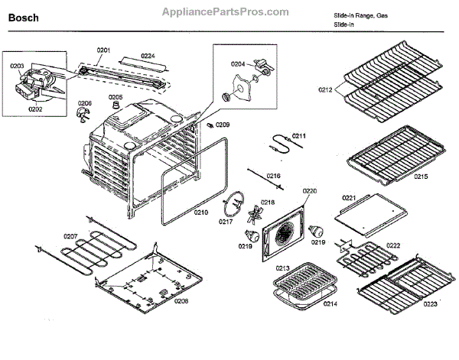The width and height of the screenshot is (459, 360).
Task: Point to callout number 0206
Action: [85, 103]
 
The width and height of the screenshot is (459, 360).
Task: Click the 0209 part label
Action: [222, 124]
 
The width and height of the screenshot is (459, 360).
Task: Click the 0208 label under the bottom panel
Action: [181, 301]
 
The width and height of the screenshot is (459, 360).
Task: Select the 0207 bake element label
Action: [70, 236]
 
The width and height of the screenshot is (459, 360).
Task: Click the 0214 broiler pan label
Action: [308, 304]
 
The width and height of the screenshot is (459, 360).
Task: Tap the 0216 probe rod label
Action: [273, 176]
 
